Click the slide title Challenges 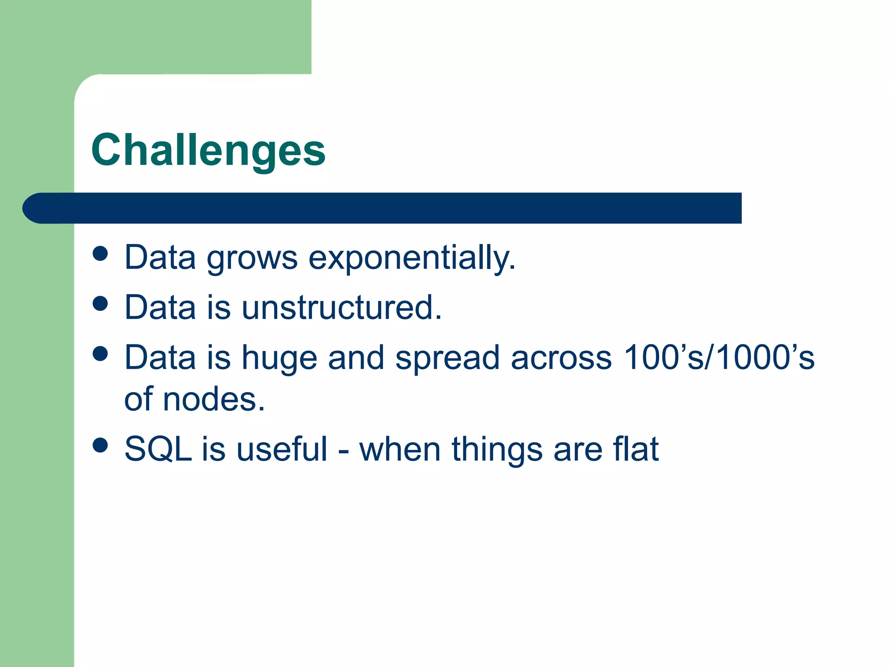coord(208,150)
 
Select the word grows coord(252,258)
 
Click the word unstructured coord(342,307)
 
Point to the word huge coord(279,358)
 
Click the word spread coord(447,358)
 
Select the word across coord(561,358)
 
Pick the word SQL coord(158,449)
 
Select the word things coord(497,449)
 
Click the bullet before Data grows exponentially coord(100,254)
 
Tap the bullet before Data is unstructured coord(100,304)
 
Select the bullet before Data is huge coord(100,353)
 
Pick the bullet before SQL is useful coord(100,445)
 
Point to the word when coord(400,449)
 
